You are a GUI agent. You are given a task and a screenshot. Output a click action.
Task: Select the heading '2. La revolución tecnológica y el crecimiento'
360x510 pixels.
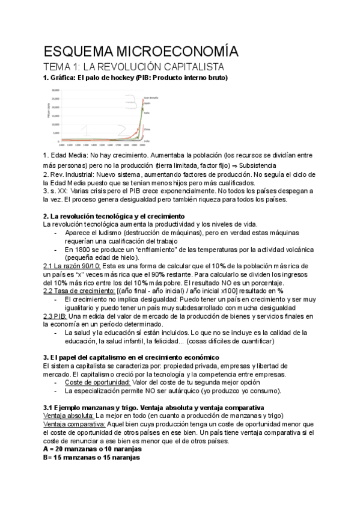114,215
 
